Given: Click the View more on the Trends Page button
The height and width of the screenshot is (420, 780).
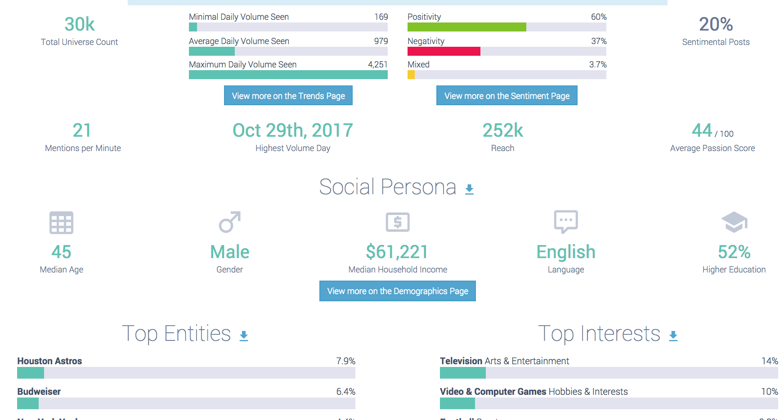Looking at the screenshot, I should (288, 96).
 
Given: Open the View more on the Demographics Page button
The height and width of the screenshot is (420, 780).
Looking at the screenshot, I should (397, 291).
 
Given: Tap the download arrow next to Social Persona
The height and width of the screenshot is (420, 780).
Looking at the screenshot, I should (469, 189).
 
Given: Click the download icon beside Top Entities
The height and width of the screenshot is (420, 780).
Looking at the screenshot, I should (244, 336).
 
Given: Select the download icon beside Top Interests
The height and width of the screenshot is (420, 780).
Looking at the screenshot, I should (673, 336).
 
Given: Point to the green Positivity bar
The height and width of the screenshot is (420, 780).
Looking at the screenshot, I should (466, 27).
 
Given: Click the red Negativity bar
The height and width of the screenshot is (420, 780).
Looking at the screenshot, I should (444, 51).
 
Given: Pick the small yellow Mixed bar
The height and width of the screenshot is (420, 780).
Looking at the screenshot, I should (411, 75).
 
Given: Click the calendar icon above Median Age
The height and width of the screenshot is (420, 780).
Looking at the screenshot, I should (61, 223).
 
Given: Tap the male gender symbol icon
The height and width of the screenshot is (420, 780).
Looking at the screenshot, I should (229, 222).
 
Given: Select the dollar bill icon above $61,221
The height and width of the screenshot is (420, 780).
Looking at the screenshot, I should (398, 222).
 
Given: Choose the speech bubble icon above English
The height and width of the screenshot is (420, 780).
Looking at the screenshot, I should (565, 222).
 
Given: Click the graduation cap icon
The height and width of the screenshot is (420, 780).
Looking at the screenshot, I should (734, 222).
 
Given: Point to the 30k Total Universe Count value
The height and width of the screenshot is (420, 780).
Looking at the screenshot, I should (80, 24).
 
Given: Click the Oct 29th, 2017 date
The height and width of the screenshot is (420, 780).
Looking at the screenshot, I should (292, 130).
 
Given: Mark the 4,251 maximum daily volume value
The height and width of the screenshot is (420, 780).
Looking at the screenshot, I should (377, 64).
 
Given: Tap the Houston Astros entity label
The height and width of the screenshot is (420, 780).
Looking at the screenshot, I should (49, 361).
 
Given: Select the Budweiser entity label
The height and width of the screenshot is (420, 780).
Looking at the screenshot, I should (39, 392).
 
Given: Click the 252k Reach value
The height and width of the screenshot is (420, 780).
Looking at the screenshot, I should (502, 130).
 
